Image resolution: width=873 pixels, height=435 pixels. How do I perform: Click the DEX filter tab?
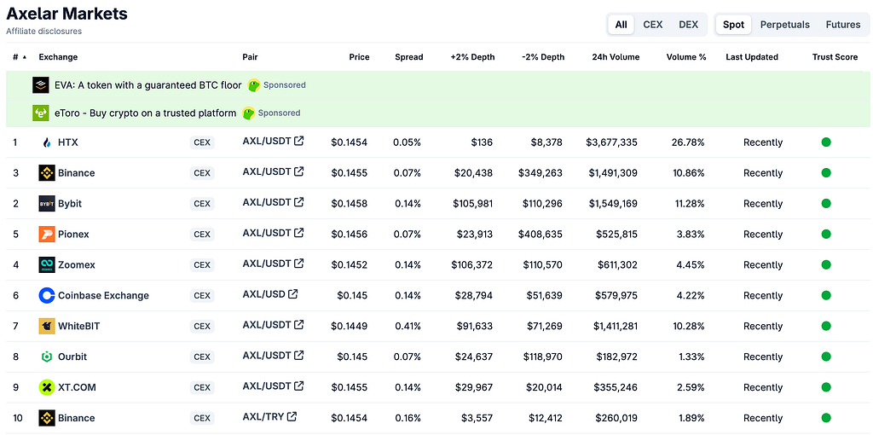coord(688,25)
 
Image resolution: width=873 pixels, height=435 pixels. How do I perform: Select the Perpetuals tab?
coord(784,25)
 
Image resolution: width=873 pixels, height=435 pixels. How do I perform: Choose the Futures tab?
coord(843,25)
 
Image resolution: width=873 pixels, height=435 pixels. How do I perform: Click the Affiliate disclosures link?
coord(44,32)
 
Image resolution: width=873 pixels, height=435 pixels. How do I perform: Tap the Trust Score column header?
coord(835,57)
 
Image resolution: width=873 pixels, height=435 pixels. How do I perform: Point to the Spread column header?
coord(408,57)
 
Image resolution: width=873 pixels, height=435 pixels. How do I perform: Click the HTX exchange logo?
coord(47,142)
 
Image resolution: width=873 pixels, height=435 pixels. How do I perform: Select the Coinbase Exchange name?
coord(103,295)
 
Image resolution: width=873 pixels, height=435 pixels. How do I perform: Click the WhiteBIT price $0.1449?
coord(349,326)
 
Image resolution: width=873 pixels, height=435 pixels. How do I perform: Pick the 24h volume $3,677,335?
coord(611,142)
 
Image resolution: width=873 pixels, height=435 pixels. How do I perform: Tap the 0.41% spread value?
coord(408,326)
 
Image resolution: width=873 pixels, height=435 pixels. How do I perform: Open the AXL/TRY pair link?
coord(269,416)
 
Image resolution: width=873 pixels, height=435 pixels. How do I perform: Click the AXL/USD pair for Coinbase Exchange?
coord(270,294)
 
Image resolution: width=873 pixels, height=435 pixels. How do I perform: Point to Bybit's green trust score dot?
coord(826,203)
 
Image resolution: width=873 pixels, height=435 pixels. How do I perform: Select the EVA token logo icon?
coord(41,85)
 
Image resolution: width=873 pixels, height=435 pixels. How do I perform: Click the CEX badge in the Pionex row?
coord(201,235)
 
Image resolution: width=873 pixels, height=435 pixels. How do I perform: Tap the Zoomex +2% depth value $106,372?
coord(472,264)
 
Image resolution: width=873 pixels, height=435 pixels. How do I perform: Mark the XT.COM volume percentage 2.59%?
coord(691,387)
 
